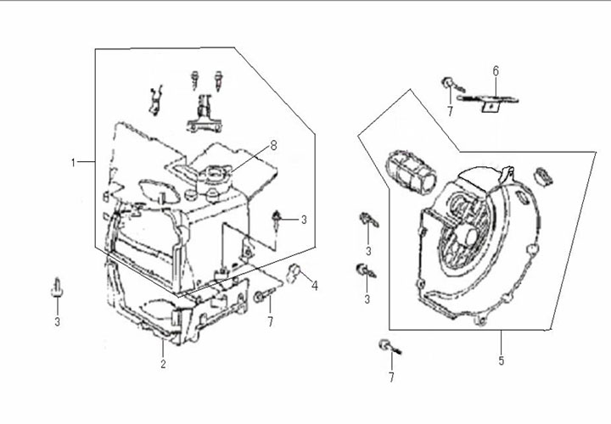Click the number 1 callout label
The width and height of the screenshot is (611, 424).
(73, 162)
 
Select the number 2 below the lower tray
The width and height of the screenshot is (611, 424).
(163, 364)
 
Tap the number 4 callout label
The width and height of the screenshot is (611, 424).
(315, 286)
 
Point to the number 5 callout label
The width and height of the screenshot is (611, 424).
(502, 360)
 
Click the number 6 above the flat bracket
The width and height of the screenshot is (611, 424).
(496, 71)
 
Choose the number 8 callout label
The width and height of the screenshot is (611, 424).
(273, 146)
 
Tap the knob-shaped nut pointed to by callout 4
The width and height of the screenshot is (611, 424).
(294, 272)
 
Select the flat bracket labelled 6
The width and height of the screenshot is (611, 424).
(488, 100)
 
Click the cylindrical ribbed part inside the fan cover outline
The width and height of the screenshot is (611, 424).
(411, 172)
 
